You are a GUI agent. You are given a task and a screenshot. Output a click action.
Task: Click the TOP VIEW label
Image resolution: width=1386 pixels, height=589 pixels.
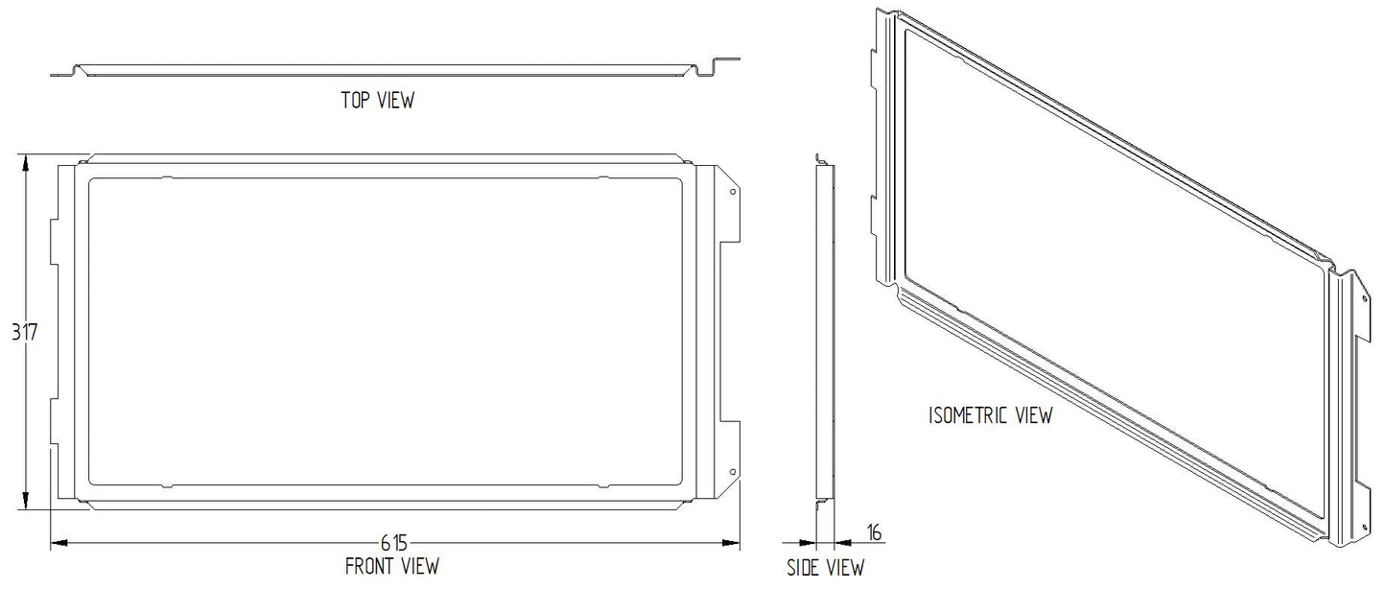coord(378,100)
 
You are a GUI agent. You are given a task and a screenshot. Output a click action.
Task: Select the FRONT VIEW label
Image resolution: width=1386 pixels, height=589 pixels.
coord(391,566)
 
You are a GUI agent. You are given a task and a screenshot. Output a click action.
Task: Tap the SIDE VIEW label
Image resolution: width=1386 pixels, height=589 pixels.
coord(826,567)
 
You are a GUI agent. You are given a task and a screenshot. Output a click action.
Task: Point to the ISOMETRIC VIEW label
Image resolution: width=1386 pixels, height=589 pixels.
coord(991,415)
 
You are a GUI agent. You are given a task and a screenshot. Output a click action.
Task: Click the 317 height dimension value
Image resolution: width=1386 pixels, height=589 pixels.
coord(25,332)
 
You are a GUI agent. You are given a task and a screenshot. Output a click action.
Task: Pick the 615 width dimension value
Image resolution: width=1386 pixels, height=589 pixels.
coord(393,543)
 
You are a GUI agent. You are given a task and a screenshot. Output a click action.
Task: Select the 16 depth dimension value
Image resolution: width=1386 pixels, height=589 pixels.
coord(874,532)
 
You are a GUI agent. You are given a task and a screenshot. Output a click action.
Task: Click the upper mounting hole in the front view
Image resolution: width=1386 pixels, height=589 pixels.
coord(733,192)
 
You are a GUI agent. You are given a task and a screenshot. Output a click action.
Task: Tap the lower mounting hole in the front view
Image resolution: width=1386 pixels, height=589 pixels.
coord(733,472)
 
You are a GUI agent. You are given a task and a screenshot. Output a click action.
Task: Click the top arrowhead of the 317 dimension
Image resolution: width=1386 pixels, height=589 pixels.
coord(25,162)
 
